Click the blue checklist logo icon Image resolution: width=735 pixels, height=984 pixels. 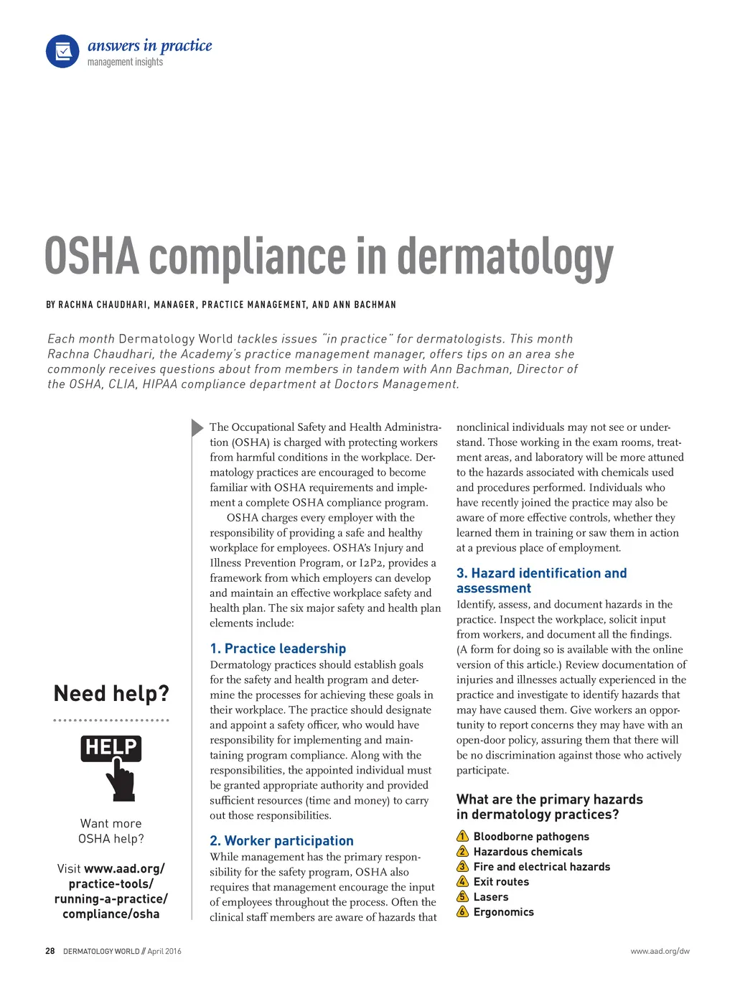[62, 52]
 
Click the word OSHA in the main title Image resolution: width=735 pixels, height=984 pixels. [92, 257]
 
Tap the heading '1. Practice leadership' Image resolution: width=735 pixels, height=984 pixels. [278, 649]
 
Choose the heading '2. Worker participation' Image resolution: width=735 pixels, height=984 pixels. [281, 841]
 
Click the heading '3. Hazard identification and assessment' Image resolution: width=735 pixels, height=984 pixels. [541, 580]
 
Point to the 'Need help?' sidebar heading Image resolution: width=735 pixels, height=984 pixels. [111, 694]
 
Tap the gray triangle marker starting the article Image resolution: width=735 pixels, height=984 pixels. [197, 428]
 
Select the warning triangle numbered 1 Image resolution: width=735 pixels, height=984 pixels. [463, 837]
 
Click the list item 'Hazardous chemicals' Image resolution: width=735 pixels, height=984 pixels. [528, 852]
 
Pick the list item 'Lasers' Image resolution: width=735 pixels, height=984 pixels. [491, 897]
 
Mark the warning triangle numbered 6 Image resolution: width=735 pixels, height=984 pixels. [463, 912]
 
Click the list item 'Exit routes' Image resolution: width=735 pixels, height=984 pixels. [501, 882]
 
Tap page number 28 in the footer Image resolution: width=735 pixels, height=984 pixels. [50, 951]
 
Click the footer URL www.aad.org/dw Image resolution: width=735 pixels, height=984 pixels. [660, 951]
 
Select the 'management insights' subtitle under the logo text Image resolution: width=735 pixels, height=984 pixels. [125, 62]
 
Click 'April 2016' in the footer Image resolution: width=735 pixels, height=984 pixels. [164, 951]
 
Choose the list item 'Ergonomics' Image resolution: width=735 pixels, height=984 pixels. [503, 912]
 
